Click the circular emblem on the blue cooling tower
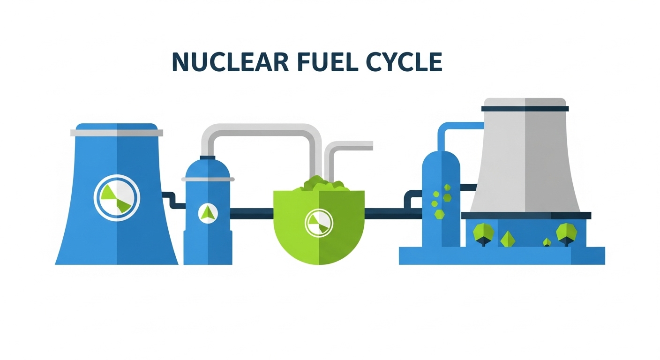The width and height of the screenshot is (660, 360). (117, 197)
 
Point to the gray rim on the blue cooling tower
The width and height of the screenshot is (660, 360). (117, 133)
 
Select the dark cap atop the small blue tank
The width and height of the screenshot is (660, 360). (208, 157)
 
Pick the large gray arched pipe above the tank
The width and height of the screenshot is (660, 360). (262, 129)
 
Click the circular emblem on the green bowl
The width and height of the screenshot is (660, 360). (318, 222)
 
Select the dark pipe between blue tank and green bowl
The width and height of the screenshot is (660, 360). (252, 213)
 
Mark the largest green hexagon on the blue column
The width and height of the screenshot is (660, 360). (440, 214)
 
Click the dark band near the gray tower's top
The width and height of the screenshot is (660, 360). (525, 109)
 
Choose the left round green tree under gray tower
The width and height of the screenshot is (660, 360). (481, 232)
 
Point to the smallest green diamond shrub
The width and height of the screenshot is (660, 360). (547, 242)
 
